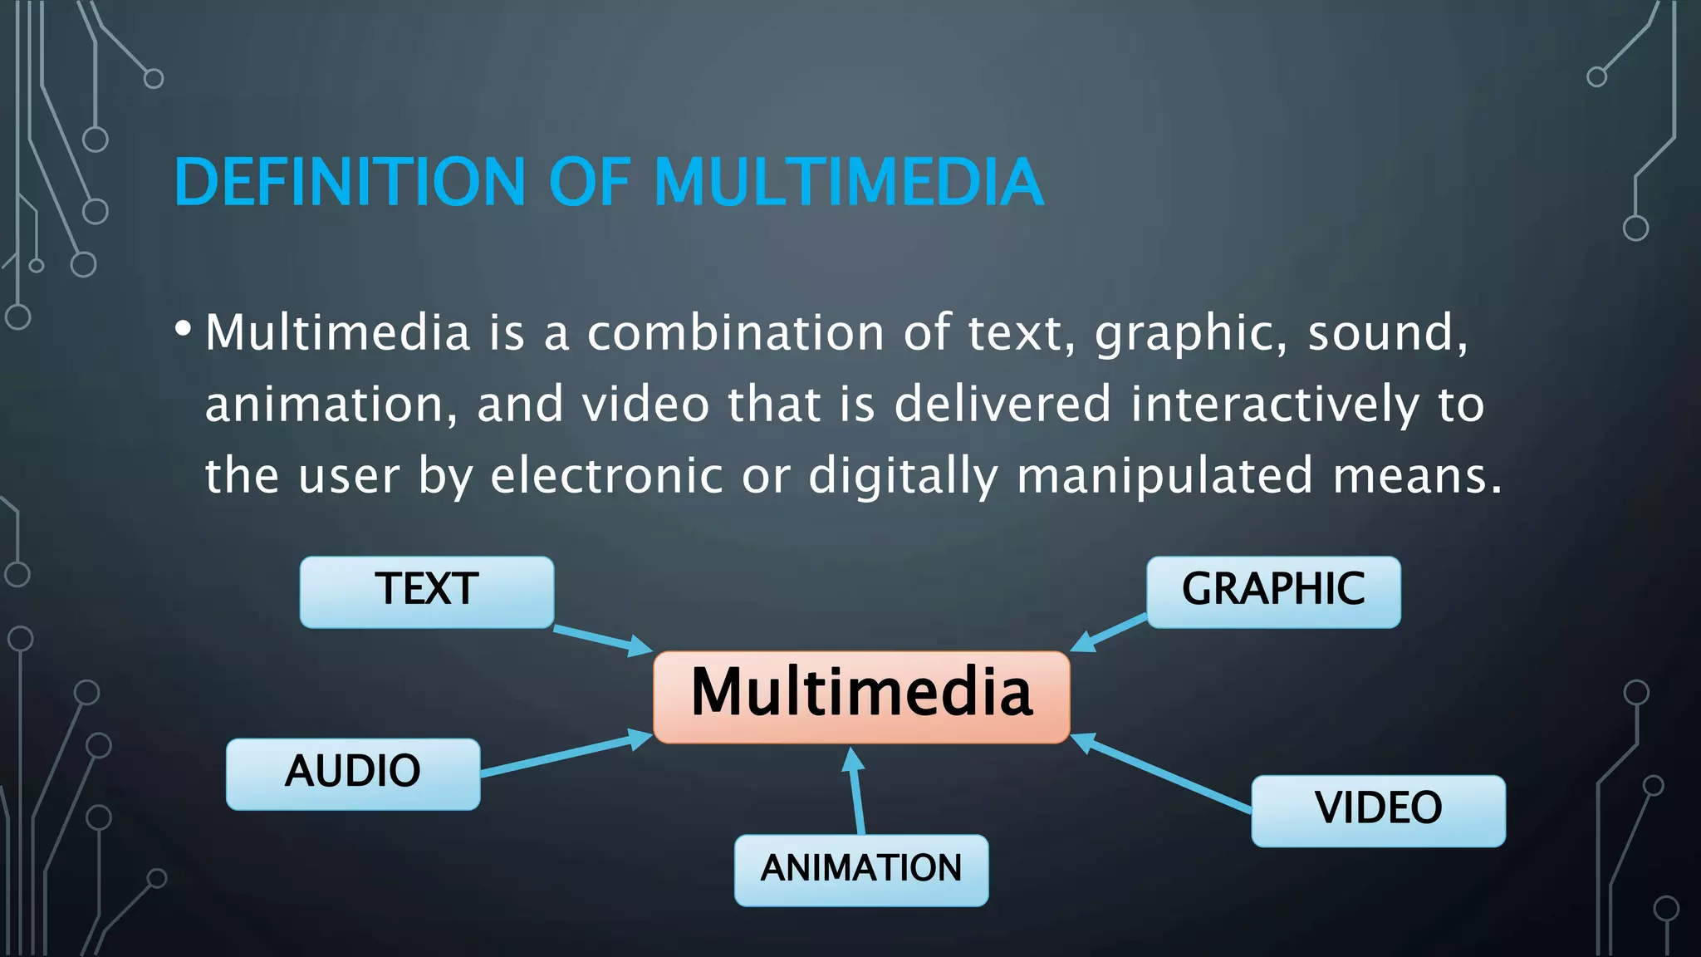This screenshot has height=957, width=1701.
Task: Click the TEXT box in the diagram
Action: (x=426, y=591)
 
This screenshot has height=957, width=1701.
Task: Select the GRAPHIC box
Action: (x=1273, y=591)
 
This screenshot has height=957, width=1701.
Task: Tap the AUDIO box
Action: (x=353, y=773)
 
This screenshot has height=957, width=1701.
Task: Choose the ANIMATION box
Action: (x=861, y=870)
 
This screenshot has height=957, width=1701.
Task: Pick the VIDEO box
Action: (x=1378, y=810)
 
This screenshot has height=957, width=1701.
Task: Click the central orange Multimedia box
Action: (x=861, y=696)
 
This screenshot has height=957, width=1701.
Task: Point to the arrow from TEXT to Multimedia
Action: (x=602, y=639)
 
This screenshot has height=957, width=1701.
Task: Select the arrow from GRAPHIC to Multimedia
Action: (x=1110, y=633)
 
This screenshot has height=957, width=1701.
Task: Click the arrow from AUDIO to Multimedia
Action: (x=565, y=754)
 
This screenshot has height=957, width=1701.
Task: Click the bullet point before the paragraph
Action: (x=184, y=329)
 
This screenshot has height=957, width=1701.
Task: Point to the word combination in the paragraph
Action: (x=735, y=333)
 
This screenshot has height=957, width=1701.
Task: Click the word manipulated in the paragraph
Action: (x=1164, y=478)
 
